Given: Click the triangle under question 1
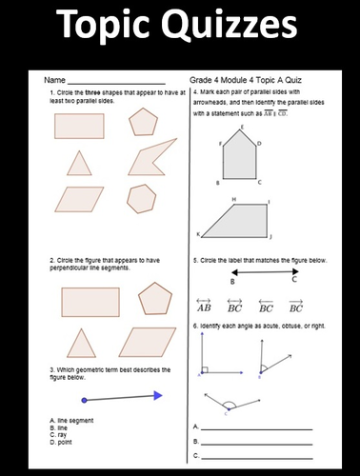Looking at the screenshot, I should pos(77,163).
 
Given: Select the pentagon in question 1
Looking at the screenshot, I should pos(143,122).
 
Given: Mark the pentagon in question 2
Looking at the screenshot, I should pos(153,300).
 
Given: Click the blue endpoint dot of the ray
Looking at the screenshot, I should pos(86,398).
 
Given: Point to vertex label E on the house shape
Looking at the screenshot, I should pos(242,127).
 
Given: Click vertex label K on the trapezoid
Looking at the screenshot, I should pos(199,234).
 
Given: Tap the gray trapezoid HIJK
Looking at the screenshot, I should pos(237,220).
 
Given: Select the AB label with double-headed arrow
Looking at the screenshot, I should pos(204,307).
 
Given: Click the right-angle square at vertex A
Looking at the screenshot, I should pos(205,370).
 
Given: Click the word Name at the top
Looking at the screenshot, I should pos(53,81).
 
